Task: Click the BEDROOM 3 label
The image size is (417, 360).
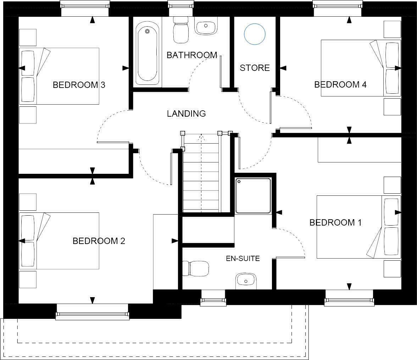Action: click(x=79, y=85)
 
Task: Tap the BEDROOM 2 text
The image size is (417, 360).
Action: click(x=99, y=241)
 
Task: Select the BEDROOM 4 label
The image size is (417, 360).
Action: click(x=340, y=84)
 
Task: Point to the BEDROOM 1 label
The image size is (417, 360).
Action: click(x=335, y=222)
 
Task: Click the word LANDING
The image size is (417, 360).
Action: click(x=186, y=113)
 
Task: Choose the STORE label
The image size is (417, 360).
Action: click(x=255, y=68)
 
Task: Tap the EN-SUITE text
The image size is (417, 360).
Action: click(x=243, y=259)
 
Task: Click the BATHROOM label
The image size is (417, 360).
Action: click(x=191, y=55)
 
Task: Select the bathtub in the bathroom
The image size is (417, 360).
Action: click(x=147, y=53)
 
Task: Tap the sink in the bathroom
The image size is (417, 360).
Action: click(x=206, y=28)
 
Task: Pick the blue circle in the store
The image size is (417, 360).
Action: click(x=255, y=34)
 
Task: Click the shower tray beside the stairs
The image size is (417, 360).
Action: click(x=253, y=195)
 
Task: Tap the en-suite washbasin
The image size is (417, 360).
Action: click(x=246, y=281)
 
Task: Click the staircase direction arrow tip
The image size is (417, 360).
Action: click(x=201, y=135)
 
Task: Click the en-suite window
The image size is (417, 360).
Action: click(x=213, y=300)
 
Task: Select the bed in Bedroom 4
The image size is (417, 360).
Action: click(x=360, y=68)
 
